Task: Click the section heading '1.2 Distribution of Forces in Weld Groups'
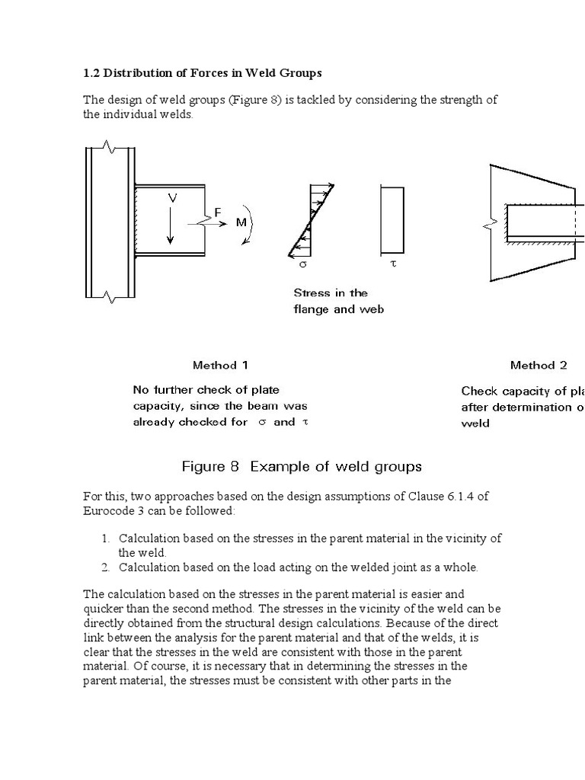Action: pos(202,73)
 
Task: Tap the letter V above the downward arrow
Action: pos(173,197)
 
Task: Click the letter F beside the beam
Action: pos(218,213)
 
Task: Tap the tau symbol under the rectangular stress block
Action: pos(393,267)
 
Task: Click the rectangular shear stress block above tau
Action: pos(392,220)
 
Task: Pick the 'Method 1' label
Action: pos(220,365)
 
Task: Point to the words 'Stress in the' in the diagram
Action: pos(331,292)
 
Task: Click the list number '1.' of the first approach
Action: pos(107,539)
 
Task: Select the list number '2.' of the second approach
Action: pos(107,567)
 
